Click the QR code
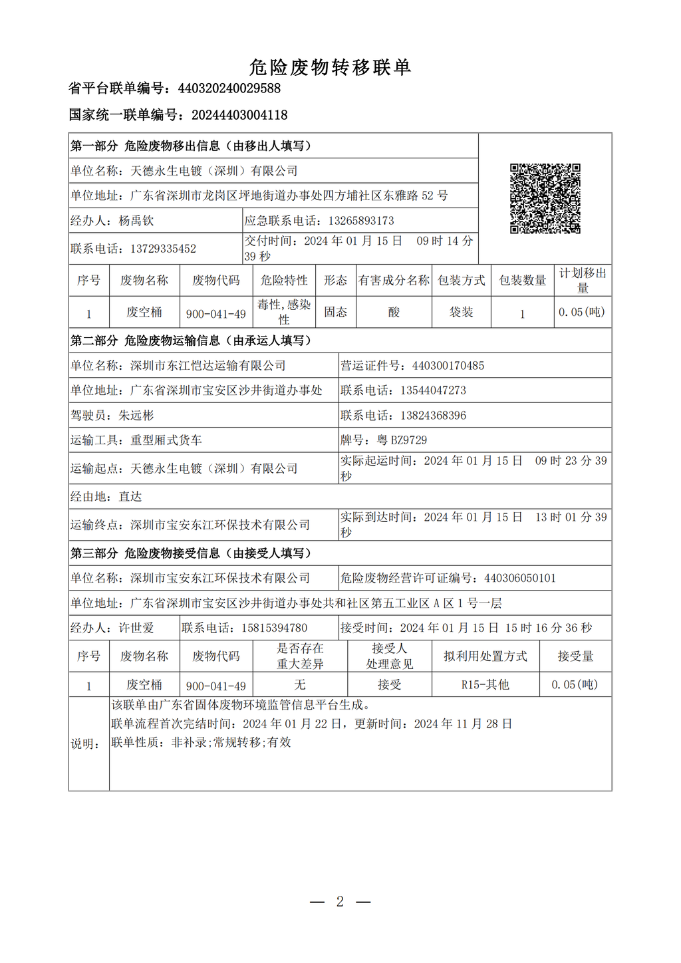click(545, 198)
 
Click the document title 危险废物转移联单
click(330, 67)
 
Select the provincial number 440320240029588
click(229, 88)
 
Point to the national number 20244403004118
click(239, 115)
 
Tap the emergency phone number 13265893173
click(361, 221)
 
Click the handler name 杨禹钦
click(136, 221)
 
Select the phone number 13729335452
click(163, 249)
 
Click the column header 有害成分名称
click(394, 281)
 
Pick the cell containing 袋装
click(461, 312)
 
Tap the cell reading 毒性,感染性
click(284, 312)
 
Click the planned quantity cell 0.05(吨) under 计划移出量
click(582, 312)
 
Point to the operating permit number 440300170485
click(448, 366)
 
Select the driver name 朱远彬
click(136, 416)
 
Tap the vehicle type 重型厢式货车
click(166, 440)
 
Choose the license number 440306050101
click(520, 579)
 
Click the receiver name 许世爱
click(136, 628)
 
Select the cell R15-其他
click(485, 685)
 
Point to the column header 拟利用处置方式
click(485, 656)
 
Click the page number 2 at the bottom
click(340, 902)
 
